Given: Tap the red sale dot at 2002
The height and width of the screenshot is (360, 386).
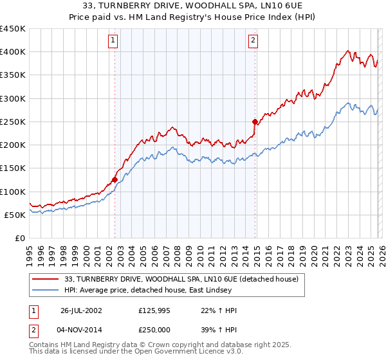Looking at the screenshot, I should [x=115, y=179].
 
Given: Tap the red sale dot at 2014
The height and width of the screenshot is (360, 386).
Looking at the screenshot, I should [x=255, y=122].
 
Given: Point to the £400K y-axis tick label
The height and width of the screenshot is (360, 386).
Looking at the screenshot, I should [x=12, y=52].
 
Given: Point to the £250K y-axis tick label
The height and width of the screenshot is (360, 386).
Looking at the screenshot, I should [x=12, y=122].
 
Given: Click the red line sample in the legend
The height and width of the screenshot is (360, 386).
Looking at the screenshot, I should [x=46, y=280].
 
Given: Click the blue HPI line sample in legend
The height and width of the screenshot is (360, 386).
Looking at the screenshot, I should [x=46, y=291].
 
